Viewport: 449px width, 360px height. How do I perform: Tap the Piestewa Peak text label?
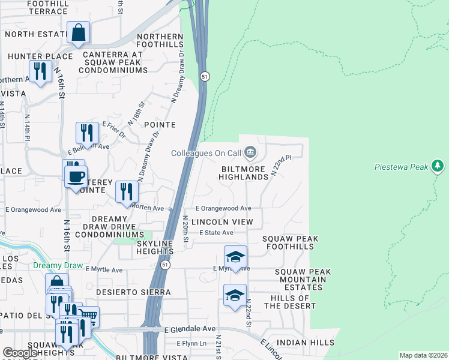402,167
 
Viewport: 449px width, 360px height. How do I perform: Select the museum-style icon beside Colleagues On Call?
251,152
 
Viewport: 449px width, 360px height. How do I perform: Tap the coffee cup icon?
76,176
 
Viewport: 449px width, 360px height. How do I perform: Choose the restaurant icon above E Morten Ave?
127,192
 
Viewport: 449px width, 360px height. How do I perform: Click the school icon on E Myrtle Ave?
235,256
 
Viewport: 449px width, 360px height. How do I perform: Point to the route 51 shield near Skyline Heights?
165,265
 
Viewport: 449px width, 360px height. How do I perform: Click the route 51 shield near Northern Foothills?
205,77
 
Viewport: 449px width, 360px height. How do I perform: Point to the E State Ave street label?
216,233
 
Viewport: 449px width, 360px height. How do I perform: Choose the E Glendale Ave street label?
189,329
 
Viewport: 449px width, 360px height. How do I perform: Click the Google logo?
20,353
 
